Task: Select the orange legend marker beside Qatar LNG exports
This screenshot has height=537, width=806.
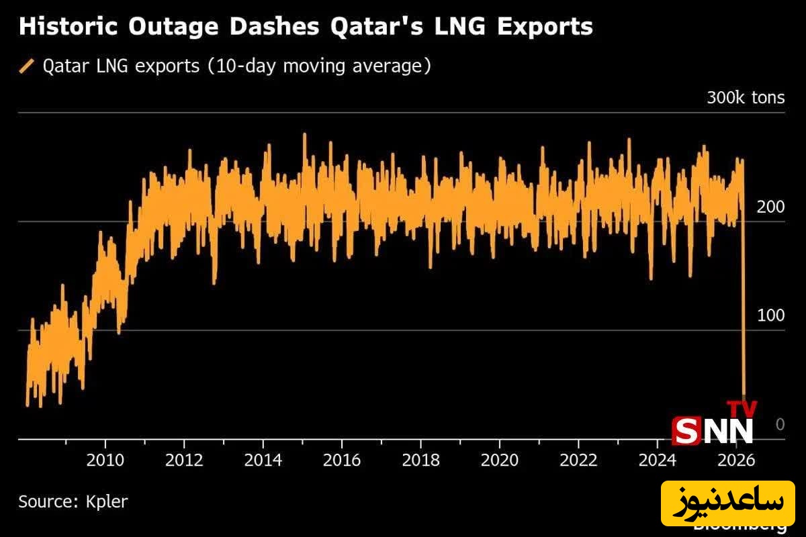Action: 28,66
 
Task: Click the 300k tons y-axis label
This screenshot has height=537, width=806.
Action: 745,98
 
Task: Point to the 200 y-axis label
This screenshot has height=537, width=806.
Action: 770,207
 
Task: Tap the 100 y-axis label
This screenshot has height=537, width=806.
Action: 770,315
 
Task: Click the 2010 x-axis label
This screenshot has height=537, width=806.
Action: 105,460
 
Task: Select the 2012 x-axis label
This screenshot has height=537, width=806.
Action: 184,460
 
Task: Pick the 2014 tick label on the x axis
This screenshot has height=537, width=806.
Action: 263,460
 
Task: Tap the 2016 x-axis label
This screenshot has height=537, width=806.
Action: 342,460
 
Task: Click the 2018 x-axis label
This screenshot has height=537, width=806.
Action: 420,460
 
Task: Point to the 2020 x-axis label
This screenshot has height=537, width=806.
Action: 499,460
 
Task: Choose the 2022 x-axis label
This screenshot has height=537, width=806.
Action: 578,460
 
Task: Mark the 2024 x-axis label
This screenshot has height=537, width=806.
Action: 657,460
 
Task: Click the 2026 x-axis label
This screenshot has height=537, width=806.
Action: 735,460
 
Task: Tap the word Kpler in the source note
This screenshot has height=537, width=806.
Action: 106,501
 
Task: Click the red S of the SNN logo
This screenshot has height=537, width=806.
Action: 685,431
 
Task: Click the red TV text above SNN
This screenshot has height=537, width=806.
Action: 742,409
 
